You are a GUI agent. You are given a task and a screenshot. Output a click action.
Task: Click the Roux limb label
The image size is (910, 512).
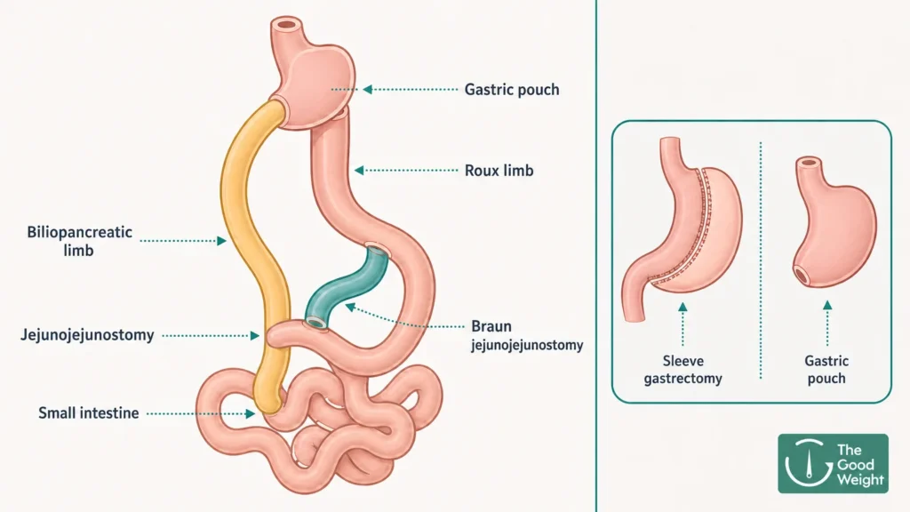[x=499, y=170]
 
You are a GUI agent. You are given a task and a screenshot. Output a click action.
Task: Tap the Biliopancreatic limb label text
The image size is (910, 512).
[x=79, y=241]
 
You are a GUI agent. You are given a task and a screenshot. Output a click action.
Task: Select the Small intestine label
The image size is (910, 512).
[x=88, y=412]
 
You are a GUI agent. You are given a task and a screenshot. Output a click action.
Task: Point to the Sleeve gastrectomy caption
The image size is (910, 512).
[x=683, y=369]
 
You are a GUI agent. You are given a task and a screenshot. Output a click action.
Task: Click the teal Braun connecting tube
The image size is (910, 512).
[x=348, y=285]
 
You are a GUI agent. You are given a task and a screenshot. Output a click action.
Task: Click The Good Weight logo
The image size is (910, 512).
[x=833, y=463]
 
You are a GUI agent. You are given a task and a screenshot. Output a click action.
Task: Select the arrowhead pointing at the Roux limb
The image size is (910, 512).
[x=359, y=170]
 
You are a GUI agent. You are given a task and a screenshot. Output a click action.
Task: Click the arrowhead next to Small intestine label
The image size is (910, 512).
[x=250, y=413]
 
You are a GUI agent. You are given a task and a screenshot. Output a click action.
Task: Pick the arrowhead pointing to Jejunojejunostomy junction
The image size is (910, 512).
[x=255, y=335]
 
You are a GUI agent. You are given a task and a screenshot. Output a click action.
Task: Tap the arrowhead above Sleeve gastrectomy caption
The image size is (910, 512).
[x=683, y=307]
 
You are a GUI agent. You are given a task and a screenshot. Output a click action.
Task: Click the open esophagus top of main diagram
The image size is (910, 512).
[x=286, y=24]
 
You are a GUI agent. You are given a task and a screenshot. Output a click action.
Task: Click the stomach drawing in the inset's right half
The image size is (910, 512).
[x=834, y=221]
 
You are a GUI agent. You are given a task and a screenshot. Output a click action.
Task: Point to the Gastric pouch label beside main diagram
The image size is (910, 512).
[x=512, y=90]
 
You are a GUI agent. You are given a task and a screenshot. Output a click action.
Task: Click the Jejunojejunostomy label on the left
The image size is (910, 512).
[x=88, y=335]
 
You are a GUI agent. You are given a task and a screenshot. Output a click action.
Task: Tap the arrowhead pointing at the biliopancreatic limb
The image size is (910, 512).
[x=221, y=240]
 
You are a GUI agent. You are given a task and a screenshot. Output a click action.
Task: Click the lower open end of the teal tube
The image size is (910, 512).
[x=315, y=322]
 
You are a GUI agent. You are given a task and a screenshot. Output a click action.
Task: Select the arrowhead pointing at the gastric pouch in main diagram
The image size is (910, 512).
[x=368, y=90]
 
